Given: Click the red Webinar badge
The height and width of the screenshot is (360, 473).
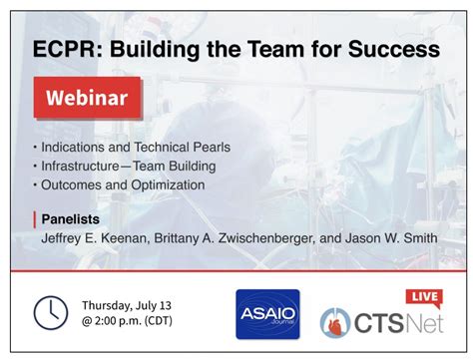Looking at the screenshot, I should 87,100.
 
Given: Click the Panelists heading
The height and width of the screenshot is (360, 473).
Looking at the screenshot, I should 71,218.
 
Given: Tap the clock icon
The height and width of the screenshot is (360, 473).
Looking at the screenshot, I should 50,312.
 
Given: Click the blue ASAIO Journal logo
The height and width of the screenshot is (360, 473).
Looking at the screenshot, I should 263,313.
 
